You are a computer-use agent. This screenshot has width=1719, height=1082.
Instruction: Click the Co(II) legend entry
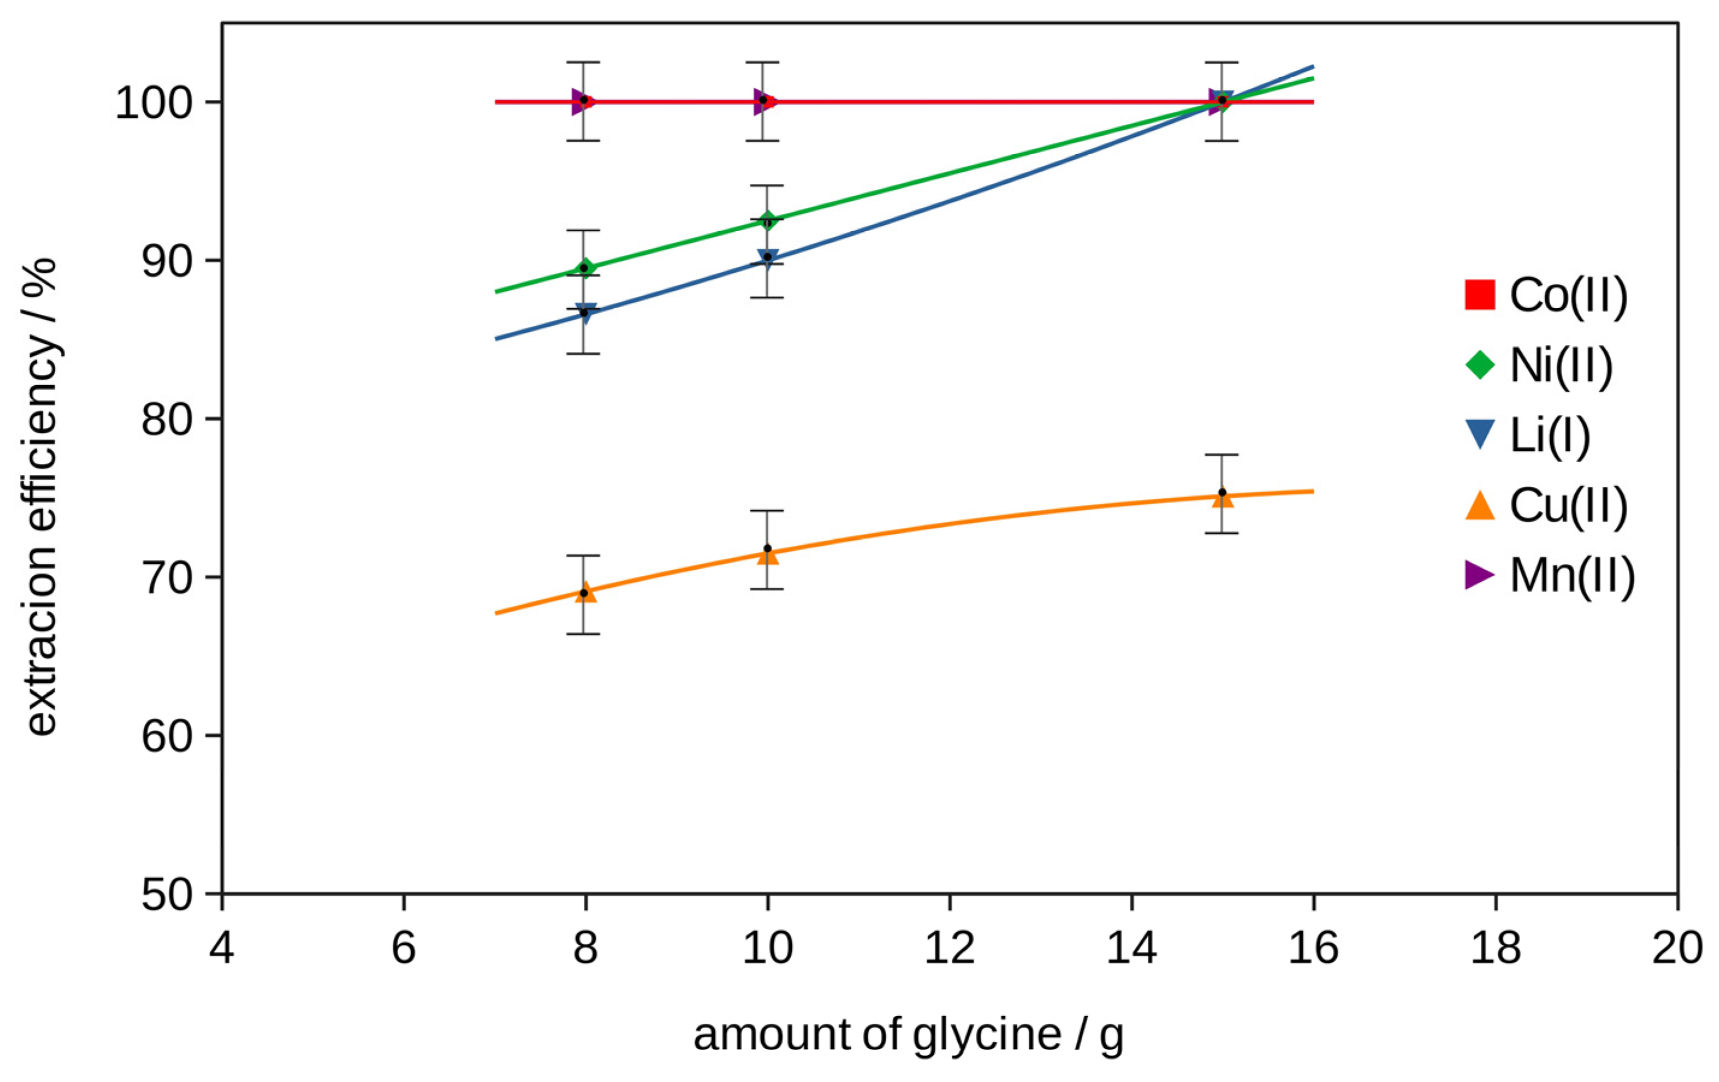(x=1545, y=295)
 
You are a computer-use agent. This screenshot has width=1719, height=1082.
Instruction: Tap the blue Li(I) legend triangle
(x=1480, y=435)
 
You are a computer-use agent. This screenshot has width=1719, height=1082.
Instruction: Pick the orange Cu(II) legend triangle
(x=1480, y=506)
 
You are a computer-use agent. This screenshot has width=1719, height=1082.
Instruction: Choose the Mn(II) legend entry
(x=1549, y=575)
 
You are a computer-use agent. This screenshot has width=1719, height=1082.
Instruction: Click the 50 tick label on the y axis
(x=167, y=895)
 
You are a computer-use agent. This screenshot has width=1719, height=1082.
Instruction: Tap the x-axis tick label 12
(x=949, y=949)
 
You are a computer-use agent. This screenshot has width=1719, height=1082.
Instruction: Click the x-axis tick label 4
(x=222, y=949)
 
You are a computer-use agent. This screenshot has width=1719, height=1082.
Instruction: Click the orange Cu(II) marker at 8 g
(x=586, y=591)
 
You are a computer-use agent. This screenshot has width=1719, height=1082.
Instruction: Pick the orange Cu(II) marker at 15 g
(x=1222, y=497)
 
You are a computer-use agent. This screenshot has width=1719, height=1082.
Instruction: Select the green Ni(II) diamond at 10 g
(x=767, y=220)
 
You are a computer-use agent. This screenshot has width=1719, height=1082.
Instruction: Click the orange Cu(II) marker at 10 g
(x=767, y=554)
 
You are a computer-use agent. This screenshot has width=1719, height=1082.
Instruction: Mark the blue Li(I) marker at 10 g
(x=767, y=258)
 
